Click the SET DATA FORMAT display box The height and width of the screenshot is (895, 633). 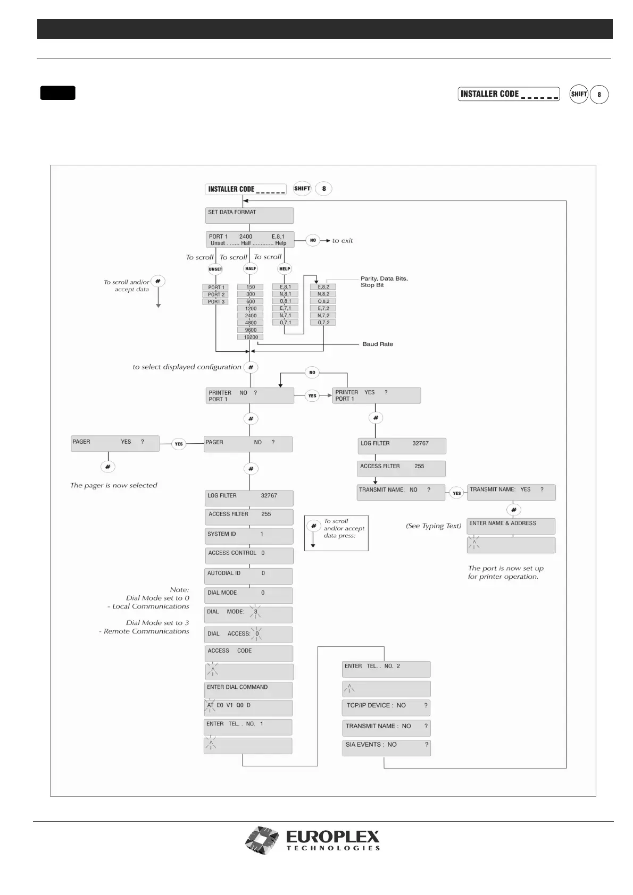click(249, 215)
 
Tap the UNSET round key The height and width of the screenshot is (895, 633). click(215, 269)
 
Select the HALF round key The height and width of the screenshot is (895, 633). click(251, 269)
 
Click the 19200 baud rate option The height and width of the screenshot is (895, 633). click(251, 337)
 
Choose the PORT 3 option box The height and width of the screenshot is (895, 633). click(216, 302)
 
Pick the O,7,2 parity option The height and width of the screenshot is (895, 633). click(323, 323)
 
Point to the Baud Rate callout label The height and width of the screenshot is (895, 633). click(378, 344)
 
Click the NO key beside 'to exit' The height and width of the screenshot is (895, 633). click(313, 240)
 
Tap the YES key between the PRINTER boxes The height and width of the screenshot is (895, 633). click(312, 395)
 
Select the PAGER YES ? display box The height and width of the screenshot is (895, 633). click(115, 444)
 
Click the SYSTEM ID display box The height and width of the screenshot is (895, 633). click(249, 536)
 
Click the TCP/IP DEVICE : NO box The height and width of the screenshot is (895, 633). click(386, 707)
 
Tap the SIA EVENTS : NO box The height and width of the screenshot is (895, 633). click(386, 747)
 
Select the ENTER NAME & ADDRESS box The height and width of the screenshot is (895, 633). click(511, 526)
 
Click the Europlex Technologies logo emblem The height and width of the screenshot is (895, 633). click(262, 840)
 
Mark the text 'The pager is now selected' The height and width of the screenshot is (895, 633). click(114, 485)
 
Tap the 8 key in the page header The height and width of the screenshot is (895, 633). click(599, 95)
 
